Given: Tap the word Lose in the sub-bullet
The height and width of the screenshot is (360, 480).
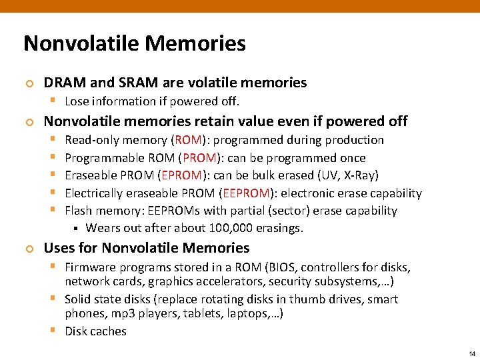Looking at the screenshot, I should click(x=77, y=101).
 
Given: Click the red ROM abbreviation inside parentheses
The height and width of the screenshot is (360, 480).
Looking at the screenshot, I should click(x=189, y=140).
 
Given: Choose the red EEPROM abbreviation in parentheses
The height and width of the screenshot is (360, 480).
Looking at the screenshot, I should click(x=246, y=193).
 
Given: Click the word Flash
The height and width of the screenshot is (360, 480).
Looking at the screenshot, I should click(x=79, y=211).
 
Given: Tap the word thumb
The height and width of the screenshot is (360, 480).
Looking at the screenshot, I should click(x=309, y=299).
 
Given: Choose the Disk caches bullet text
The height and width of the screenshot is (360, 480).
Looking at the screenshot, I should click(x=95, y=331).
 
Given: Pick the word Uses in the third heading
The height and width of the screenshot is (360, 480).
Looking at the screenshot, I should click(x=59, y=248).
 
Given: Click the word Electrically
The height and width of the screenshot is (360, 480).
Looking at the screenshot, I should click(x=97, y=193).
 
